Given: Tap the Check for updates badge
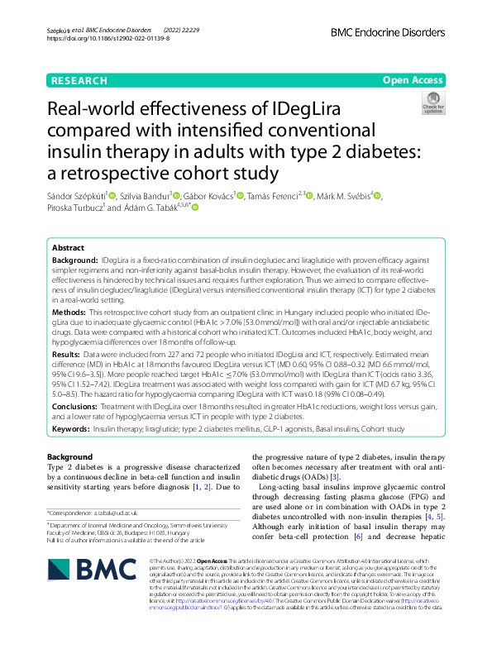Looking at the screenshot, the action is (432, 103).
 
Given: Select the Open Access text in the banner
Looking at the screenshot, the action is (413, 80).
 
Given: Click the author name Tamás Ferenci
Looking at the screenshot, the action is (274, 196).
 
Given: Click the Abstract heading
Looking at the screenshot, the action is (68, 248).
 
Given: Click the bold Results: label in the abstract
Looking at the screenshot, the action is (69, 353).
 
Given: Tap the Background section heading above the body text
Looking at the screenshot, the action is (69, 457).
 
